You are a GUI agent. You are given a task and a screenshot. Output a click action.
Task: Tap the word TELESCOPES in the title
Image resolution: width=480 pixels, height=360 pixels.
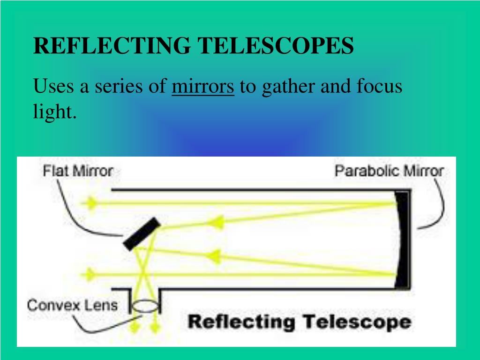coord(275,46)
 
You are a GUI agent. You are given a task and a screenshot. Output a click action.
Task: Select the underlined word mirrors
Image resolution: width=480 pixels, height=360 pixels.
coord(202,87)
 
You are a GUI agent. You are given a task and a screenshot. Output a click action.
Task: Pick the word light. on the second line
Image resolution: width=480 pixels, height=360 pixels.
coord(54,112)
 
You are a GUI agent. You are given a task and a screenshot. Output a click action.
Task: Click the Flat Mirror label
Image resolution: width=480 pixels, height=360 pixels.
coord(78,171)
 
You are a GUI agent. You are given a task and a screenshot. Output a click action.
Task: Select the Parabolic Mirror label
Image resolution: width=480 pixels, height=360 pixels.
coord(389,171)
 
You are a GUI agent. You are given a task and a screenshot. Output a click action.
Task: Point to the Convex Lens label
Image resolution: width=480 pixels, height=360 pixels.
coord(72,306)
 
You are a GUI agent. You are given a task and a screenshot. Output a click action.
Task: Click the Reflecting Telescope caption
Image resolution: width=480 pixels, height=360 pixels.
coord(299,322)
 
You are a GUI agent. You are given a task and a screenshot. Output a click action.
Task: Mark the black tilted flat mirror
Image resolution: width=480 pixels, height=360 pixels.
coord(142,234)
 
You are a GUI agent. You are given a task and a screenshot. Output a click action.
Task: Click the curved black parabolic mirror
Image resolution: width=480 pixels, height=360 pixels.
coord(401,239)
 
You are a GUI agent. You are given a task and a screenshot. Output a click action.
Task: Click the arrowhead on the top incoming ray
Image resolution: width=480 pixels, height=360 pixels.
coord(90,203)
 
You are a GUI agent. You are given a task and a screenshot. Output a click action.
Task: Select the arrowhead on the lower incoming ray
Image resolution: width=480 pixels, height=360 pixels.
coord(90,273)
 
